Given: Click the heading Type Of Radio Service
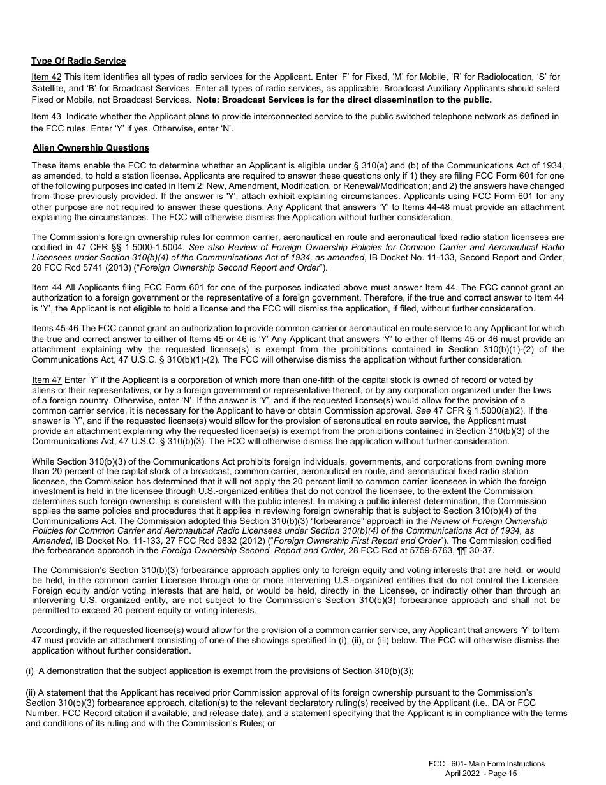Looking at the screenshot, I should (78, 61).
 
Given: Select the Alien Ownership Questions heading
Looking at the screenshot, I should (91, 148).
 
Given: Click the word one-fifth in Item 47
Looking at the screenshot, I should (297, 380).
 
